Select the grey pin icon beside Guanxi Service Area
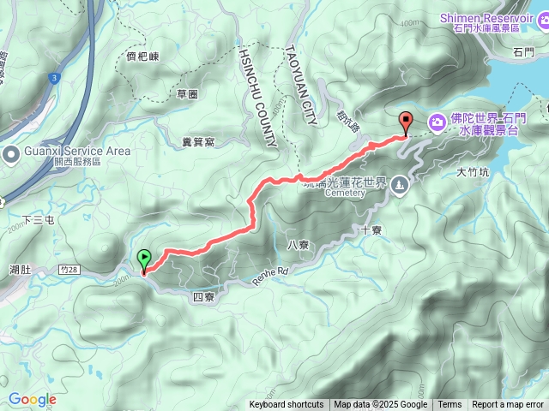(11, 155)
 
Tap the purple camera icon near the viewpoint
(437, 123)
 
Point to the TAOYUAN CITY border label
(299, 85)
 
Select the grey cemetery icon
(400, 185)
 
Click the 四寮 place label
(203, 296)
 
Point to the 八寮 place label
(298, 244)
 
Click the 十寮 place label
(371, 229)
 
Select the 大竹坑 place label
(473, 171)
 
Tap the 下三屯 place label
(38, 221)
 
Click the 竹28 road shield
(74, 269)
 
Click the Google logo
(32, 399)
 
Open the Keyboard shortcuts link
(287, 405)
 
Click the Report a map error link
(508, 405)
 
